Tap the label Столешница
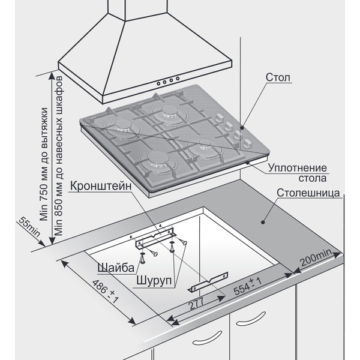click(310, 193)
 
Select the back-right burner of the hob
click(166, 109)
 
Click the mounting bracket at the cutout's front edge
click(207, 280)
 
